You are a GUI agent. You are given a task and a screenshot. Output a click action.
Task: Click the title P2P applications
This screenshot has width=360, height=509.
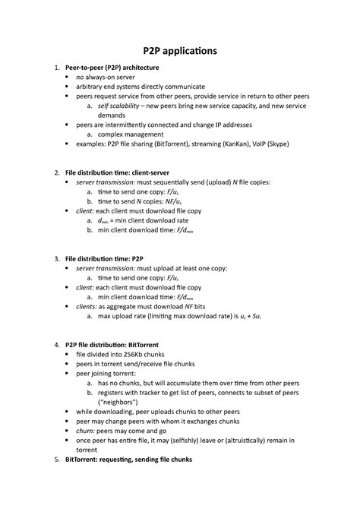click(x=179, y=51)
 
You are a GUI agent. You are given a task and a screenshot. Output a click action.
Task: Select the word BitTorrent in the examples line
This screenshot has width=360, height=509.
click(x=174, y=143)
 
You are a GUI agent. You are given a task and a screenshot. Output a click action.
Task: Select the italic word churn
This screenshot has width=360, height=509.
click(x=85, y=430)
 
